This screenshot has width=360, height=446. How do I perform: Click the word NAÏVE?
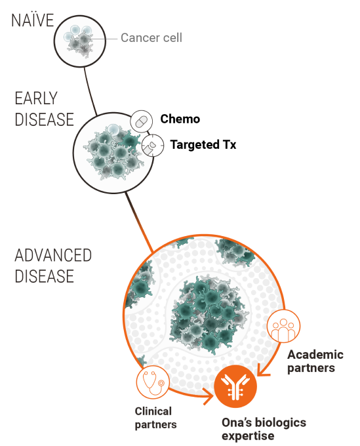pyautogui.click(x=32, y=20)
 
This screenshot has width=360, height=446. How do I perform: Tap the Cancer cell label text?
pyautogui.click(x=151, y=37)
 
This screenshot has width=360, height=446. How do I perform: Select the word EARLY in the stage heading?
pyautogui.click(x=36, y=98)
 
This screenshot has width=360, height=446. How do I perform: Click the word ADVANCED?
pyautogui.click(x=53, y=255)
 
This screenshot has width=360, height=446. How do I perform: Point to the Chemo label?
pyautogui.click(x=180, y=119)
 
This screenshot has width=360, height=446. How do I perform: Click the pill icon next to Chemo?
pyautogui.click(x=142, y=121)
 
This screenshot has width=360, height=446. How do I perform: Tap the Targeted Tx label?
pyautogui.click(x=203, y=144)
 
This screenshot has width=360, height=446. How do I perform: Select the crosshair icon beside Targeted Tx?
pyautogui.click(x=153, y=146)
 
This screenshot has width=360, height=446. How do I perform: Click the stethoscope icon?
pyautogui.click(x=153, y=382)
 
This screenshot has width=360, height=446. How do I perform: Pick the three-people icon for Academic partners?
pyautogui.click(x=283, y=326)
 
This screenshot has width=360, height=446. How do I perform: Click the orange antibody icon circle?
pyautogui.click(x=235, y=386)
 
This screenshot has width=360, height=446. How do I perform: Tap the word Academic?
pyautogui.click(x=315, y=355)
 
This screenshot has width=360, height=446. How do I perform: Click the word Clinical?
pyautogui.click(x=153, y=411)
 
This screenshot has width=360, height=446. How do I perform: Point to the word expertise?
pyautogui.click(x=248, y=436)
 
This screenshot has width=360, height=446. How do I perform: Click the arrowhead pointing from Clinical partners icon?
pyautogui.click(x=209, y=396)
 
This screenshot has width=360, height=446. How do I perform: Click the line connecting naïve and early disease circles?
pyautogui.click(x=90, y=91)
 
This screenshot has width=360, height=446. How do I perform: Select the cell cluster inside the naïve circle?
pyautogui.click(x=79, y=41)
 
